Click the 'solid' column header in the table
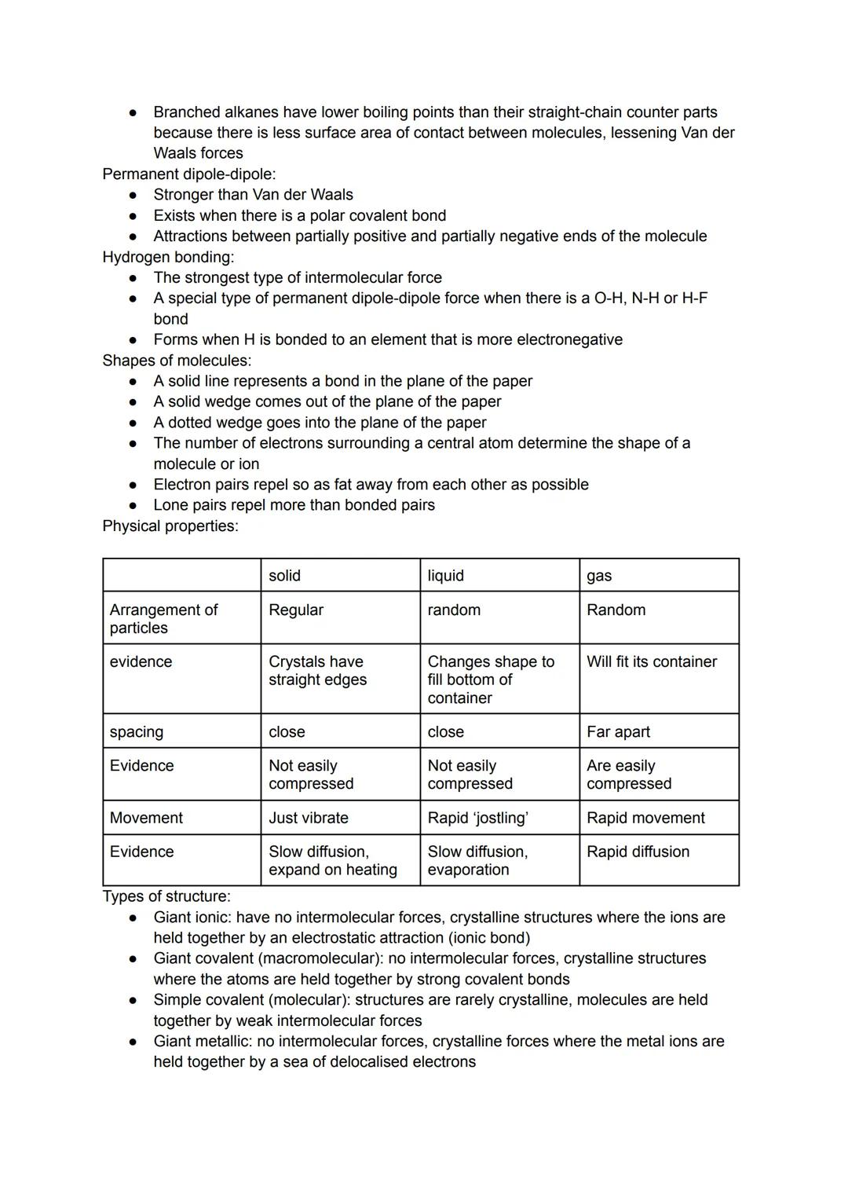284,576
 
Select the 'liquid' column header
445,576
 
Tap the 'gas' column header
599,576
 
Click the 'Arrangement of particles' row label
163,618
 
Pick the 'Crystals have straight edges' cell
317,670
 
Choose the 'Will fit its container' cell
651,661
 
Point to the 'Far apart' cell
618,731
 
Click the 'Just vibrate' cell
308,818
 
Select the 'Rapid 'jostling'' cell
477,818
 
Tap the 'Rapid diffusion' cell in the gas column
638,852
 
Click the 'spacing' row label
137,731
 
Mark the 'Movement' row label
146,818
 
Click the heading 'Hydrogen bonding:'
168,257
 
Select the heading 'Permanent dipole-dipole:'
189,174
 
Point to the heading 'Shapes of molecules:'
177,361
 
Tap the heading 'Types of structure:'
166,896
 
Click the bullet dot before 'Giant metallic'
134,1042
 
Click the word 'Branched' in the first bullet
187,112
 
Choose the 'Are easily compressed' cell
628,775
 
